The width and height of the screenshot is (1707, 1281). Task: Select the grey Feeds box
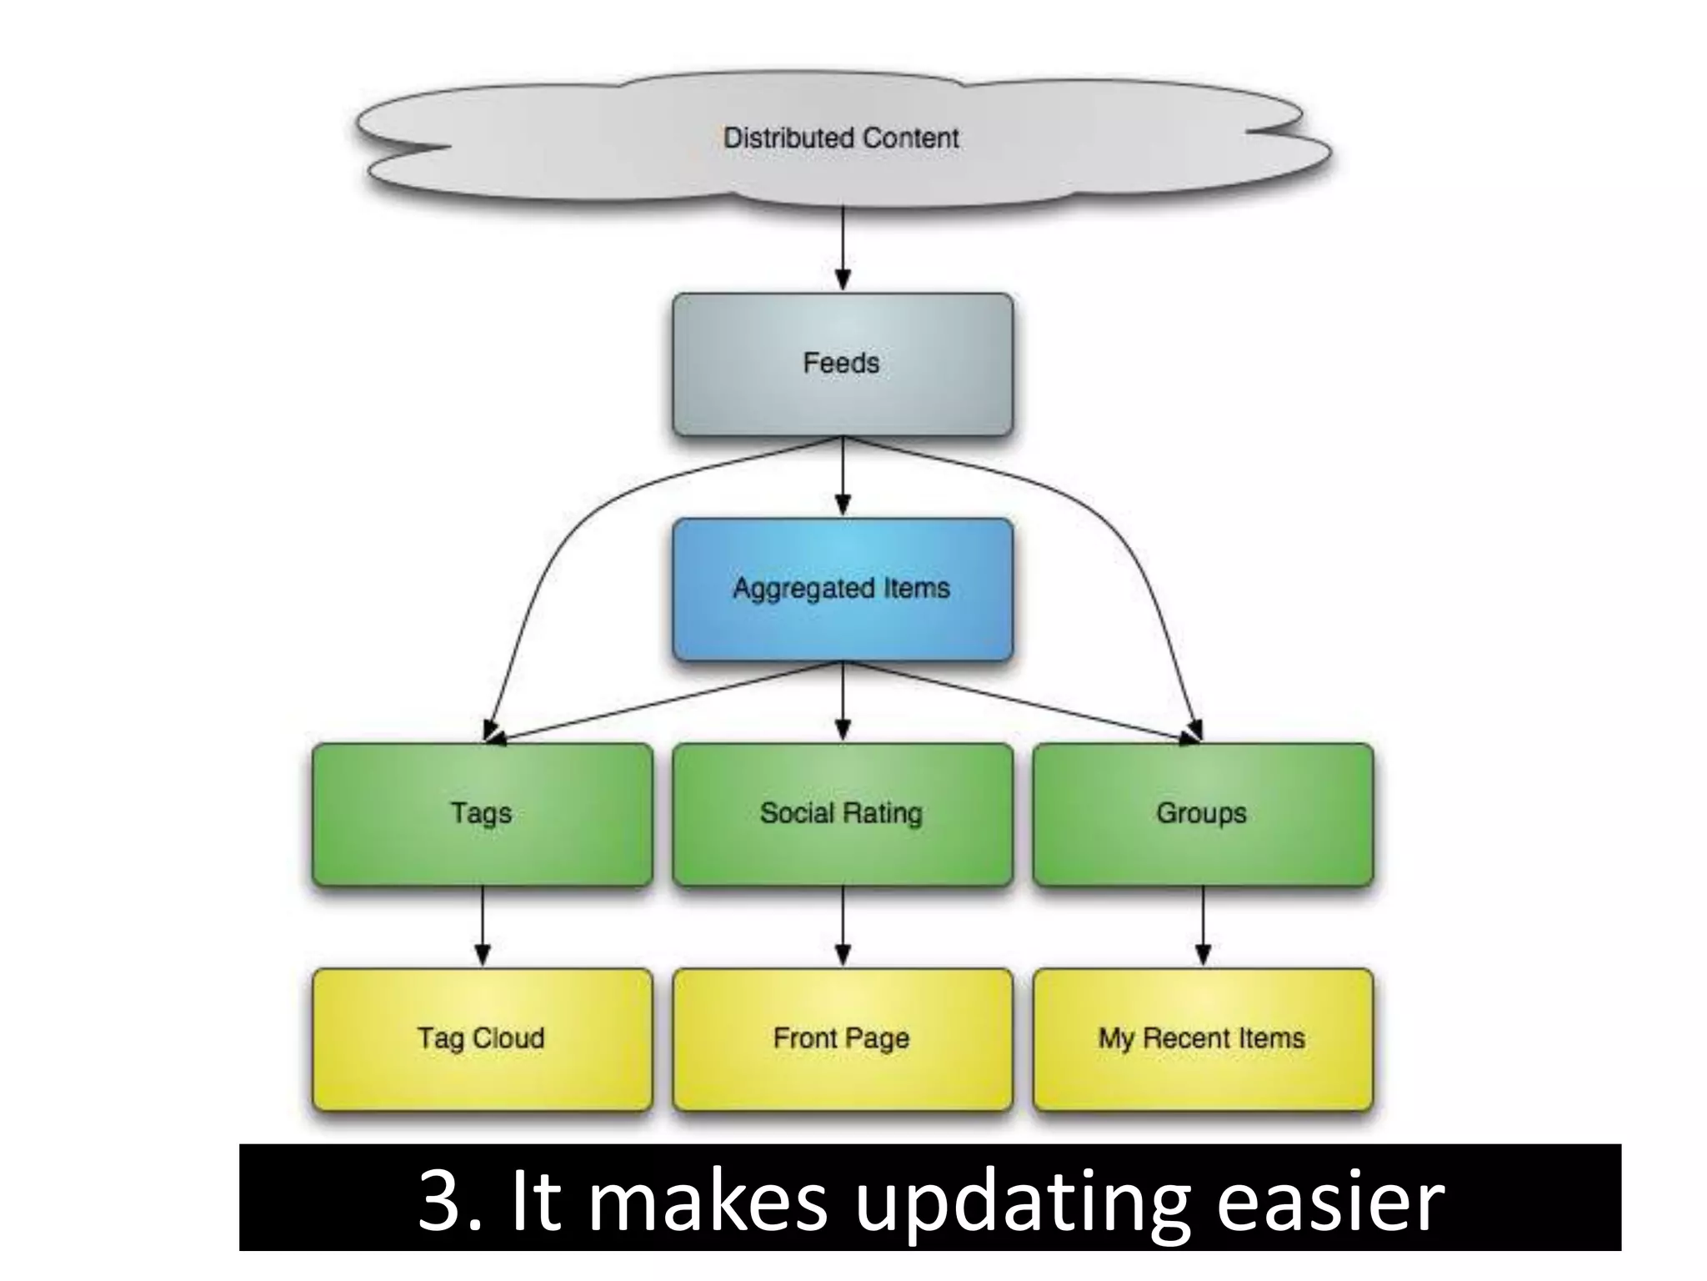tap(842, 364)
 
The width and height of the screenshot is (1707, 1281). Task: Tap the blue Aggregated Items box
tap(842, 589)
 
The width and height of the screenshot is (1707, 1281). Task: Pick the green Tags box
tap(482, 814)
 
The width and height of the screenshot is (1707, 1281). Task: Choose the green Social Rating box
tap(842, 814)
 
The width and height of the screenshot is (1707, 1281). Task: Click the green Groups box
tap(1202, 814)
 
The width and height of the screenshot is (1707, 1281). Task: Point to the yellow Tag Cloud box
tap(482, 1039)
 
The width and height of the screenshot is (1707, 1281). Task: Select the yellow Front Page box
tap(842, 1039)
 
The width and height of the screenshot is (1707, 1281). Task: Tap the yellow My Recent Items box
tap(1202, 1039)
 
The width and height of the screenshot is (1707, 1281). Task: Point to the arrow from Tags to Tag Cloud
tap(483, 926)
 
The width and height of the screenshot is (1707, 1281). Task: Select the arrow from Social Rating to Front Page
tap(843, 926)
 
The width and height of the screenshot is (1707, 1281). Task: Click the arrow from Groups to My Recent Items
tap(1203, 926)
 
